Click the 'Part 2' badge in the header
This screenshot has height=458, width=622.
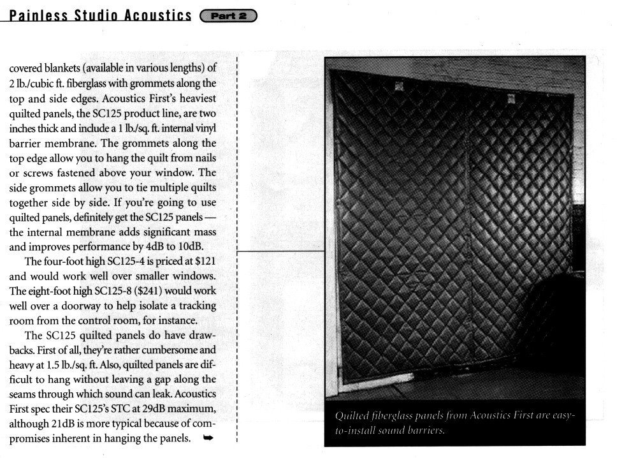point(228,15)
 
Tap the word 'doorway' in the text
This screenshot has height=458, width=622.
point(81,306)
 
